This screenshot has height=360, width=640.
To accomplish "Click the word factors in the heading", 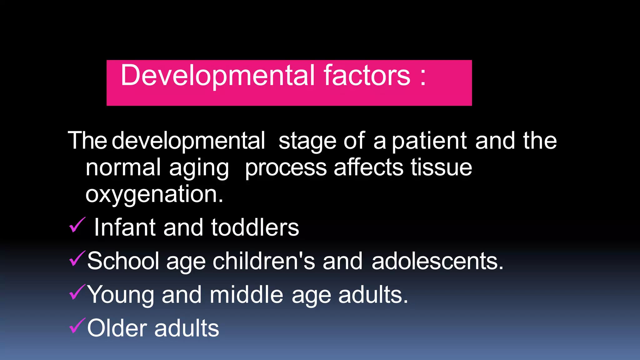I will point(367,75).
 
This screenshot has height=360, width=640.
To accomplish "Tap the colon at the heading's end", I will point(423,77).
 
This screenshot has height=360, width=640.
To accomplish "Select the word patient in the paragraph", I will point(429,141).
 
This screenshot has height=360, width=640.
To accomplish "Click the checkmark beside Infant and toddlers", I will point(77,225).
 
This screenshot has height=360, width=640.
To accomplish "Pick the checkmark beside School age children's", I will point(77,259).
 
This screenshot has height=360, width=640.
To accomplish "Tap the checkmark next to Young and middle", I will point(77,292).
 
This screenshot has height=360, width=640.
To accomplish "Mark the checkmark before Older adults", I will point(77,326).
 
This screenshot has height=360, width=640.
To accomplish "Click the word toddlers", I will point(255,227).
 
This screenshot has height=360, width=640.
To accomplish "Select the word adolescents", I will point(437,261).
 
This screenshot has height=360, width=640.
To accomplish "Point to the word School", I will point(123,261).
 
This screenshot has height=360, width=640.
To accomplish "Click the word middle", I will point(246,295).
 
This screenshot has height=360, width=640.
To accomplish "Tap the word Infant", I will point(125,227).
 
